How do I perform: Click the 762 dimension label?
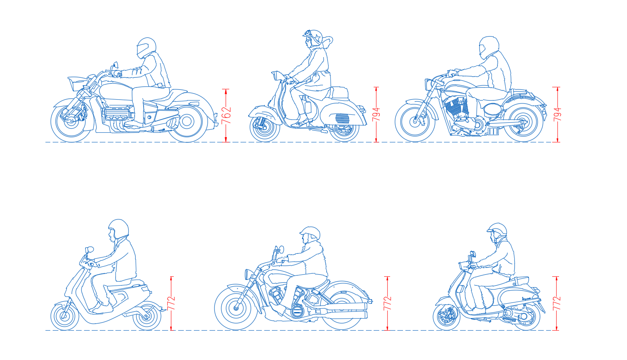(226, 115)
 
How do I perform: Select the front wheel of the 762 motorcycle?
(71, 121)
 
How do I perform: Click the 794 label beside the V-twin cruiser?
(557, 115)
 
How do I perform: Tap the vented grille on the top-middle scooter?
(342, 118)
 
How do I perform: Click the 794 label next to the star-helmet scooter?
(376, 115)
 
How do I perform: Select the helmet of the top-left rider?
(146, 48)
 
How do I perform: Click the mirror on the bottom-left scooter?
(90, 249)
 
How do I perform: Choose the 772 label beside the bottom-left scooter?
(171, 303)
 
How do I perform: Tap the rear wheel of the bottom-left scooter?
(147, 316)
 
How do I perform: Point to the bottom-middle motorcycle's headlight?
(248, 274)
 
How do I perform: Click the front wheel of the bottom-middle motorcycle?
(236, 309)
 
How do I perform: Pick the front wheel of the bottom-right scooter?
(446, 317)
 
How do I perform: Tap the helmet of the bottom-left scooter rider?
(118, 229)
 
